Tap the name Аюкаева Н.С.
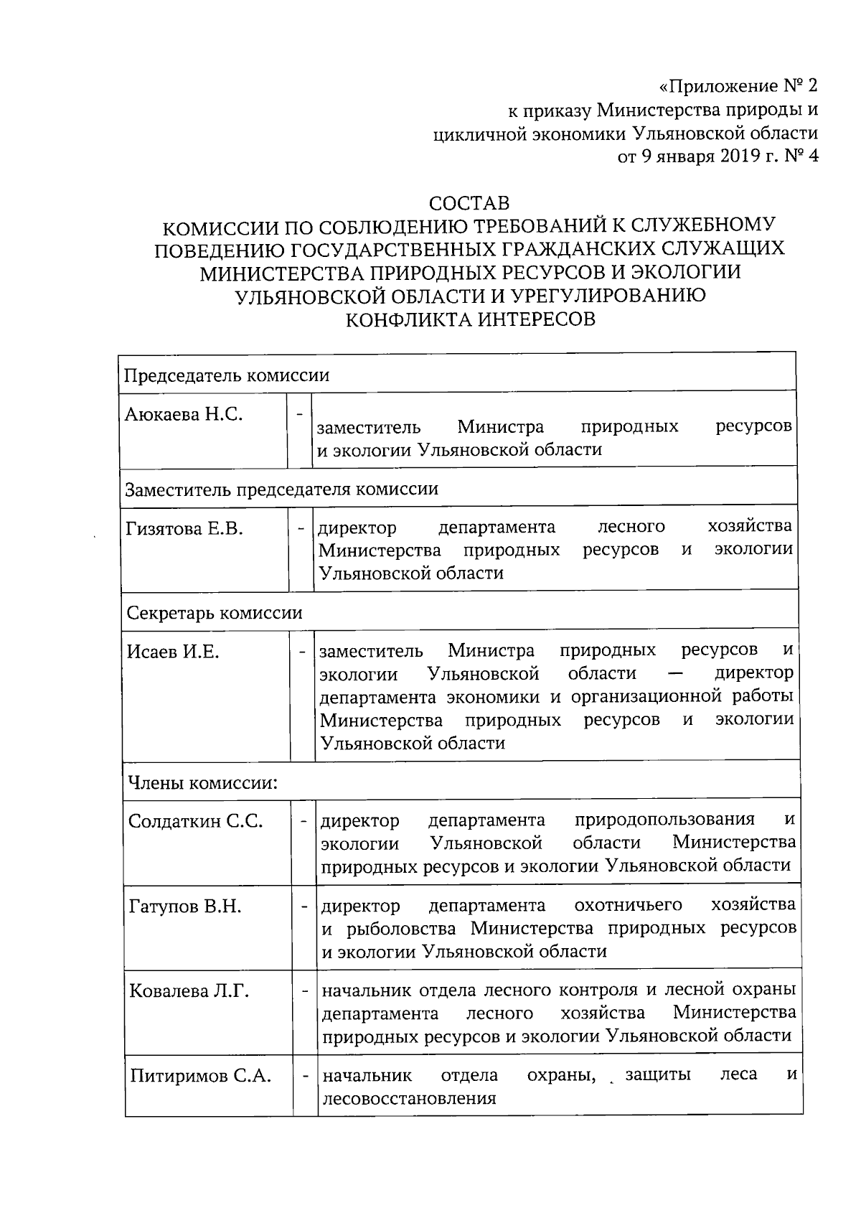click(184, 414)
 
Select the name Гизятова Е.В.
click(185, 530)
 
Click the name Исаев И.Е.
click(172, 652)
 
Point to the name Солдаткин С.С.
click(196, 821)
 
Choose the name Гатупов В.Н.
click(185, 907)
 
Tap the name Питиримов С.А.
click(200, 1076)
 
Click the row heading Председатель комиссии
click(227, 375)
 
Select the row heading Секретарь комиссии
click(215, 613)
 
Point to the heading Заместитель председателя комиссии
click(281, 489)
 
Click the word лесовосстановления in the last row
click(409, 1098)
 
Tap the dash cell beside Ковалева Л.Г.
click(304, 991)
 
